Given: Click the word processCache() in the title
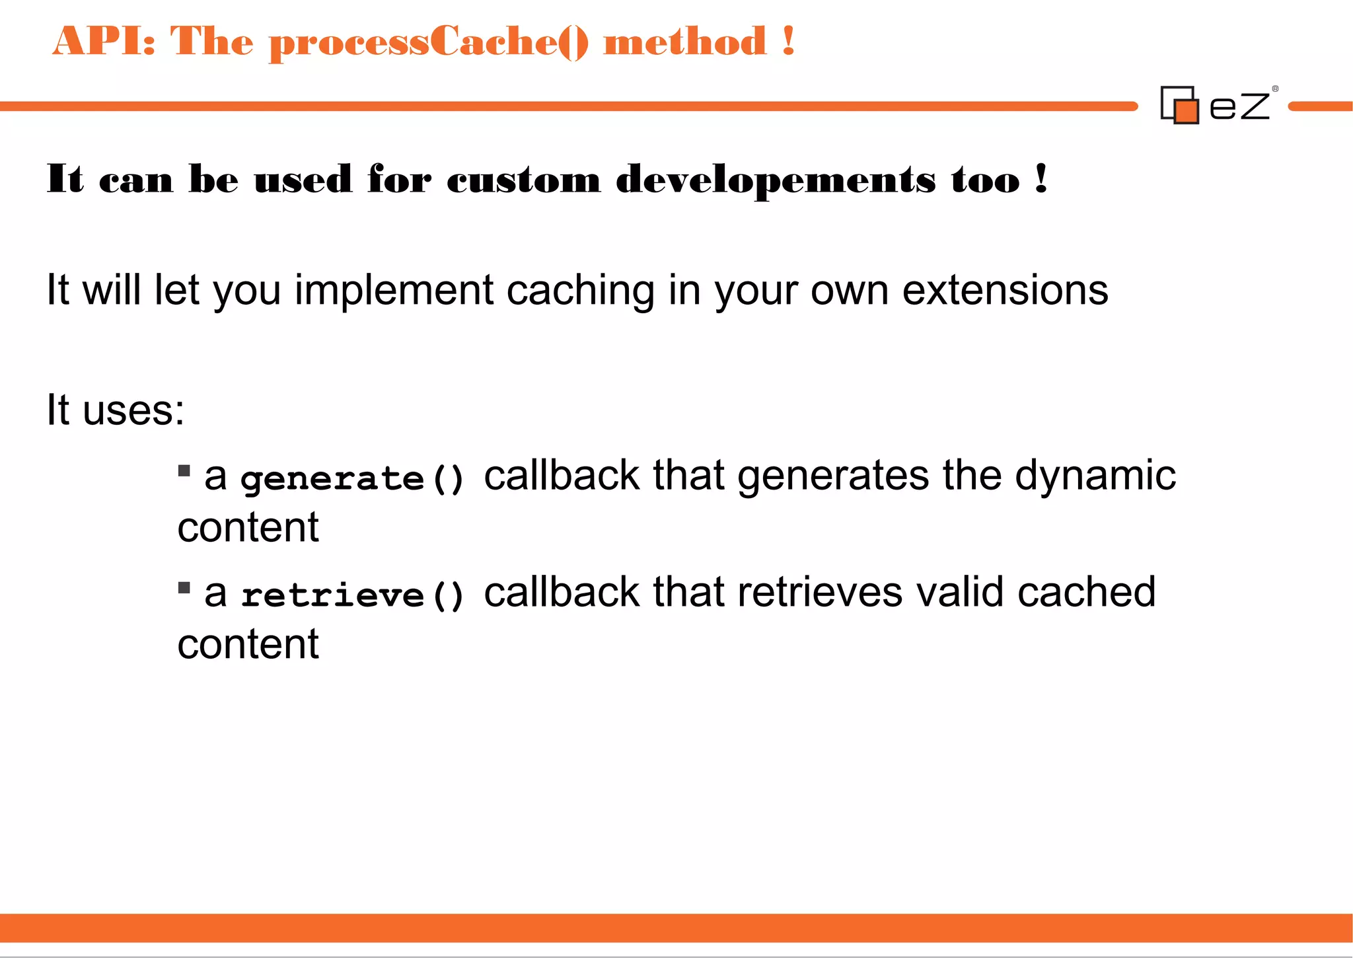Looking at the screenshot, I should [428, 42].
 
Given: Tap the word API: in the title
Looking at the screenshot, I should [104, 41].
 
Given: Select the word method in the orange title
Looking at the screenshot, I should [684, 42].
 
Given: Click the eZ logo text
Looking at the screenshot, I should [1239, 106].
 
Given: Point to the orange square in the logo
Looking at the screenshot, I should [1187, 112].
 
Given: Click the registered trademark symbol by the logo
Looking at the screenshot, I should [1275, 89].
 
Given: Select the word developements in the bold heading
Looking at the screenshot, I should [776, 180].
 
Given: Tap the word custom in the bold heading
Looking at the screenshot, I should [523, 180].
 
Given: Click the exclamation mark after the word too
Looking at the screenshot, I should [1042, 178].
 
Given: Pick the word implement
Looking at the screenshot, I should [394, 291].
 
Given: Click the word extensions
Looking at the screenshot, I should [1005, 291].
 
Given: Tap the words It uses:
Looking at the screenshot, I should [116, 410].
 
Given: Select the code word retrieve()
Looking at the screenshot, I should [353, 595].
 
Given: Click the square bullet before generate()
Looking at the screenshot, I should [184, 471].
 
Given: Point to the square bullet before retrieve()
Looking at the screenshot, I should [184, 587].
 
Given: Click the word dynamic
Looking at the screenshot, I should [1095, 476].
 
